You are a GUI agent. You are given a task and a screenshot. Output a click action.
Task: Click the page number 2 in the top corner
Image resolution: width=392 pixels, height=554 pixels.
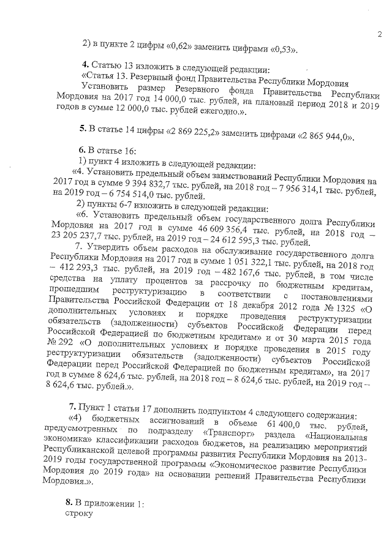point(379,34)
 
